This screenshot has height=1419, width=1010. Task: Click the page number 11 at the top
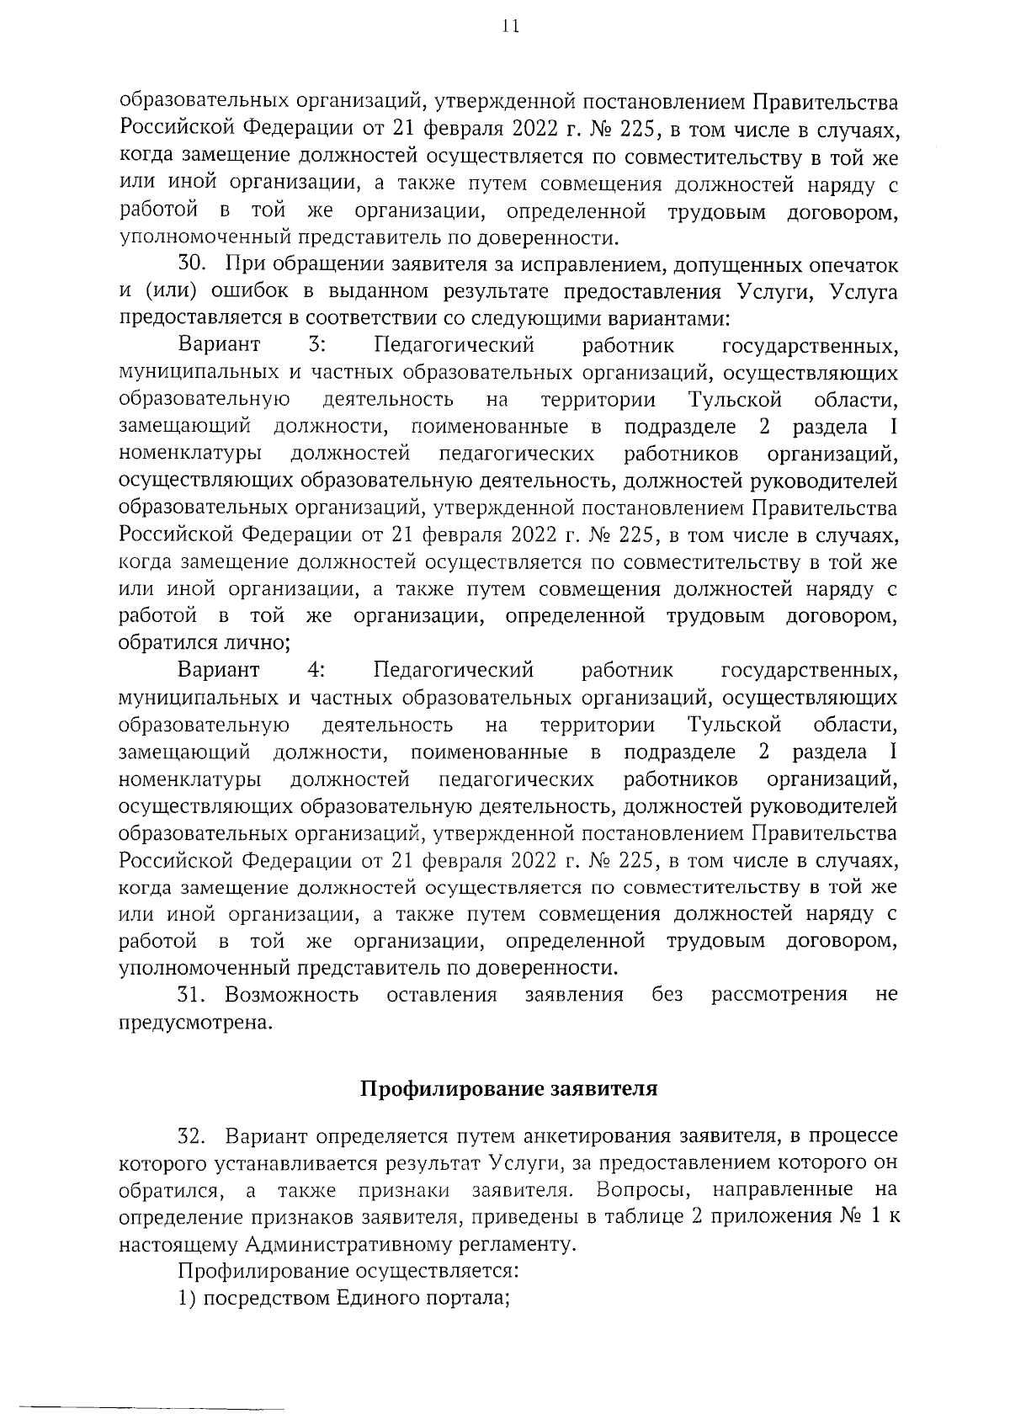(x=508, y=27)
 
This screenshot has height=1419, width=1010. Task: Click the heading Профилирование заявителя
(x=508, y=1089)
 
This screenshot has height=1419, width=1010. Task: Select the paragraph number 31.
(x=191, y=995)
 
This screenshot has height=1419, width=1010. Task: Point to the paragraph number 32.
(x=192, y=1137)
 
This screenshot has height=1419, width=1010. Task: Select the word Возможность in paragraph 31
(x=291, y=995)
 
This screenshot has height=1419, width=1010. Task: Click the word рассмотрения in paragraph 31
(x=779, y=995)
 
